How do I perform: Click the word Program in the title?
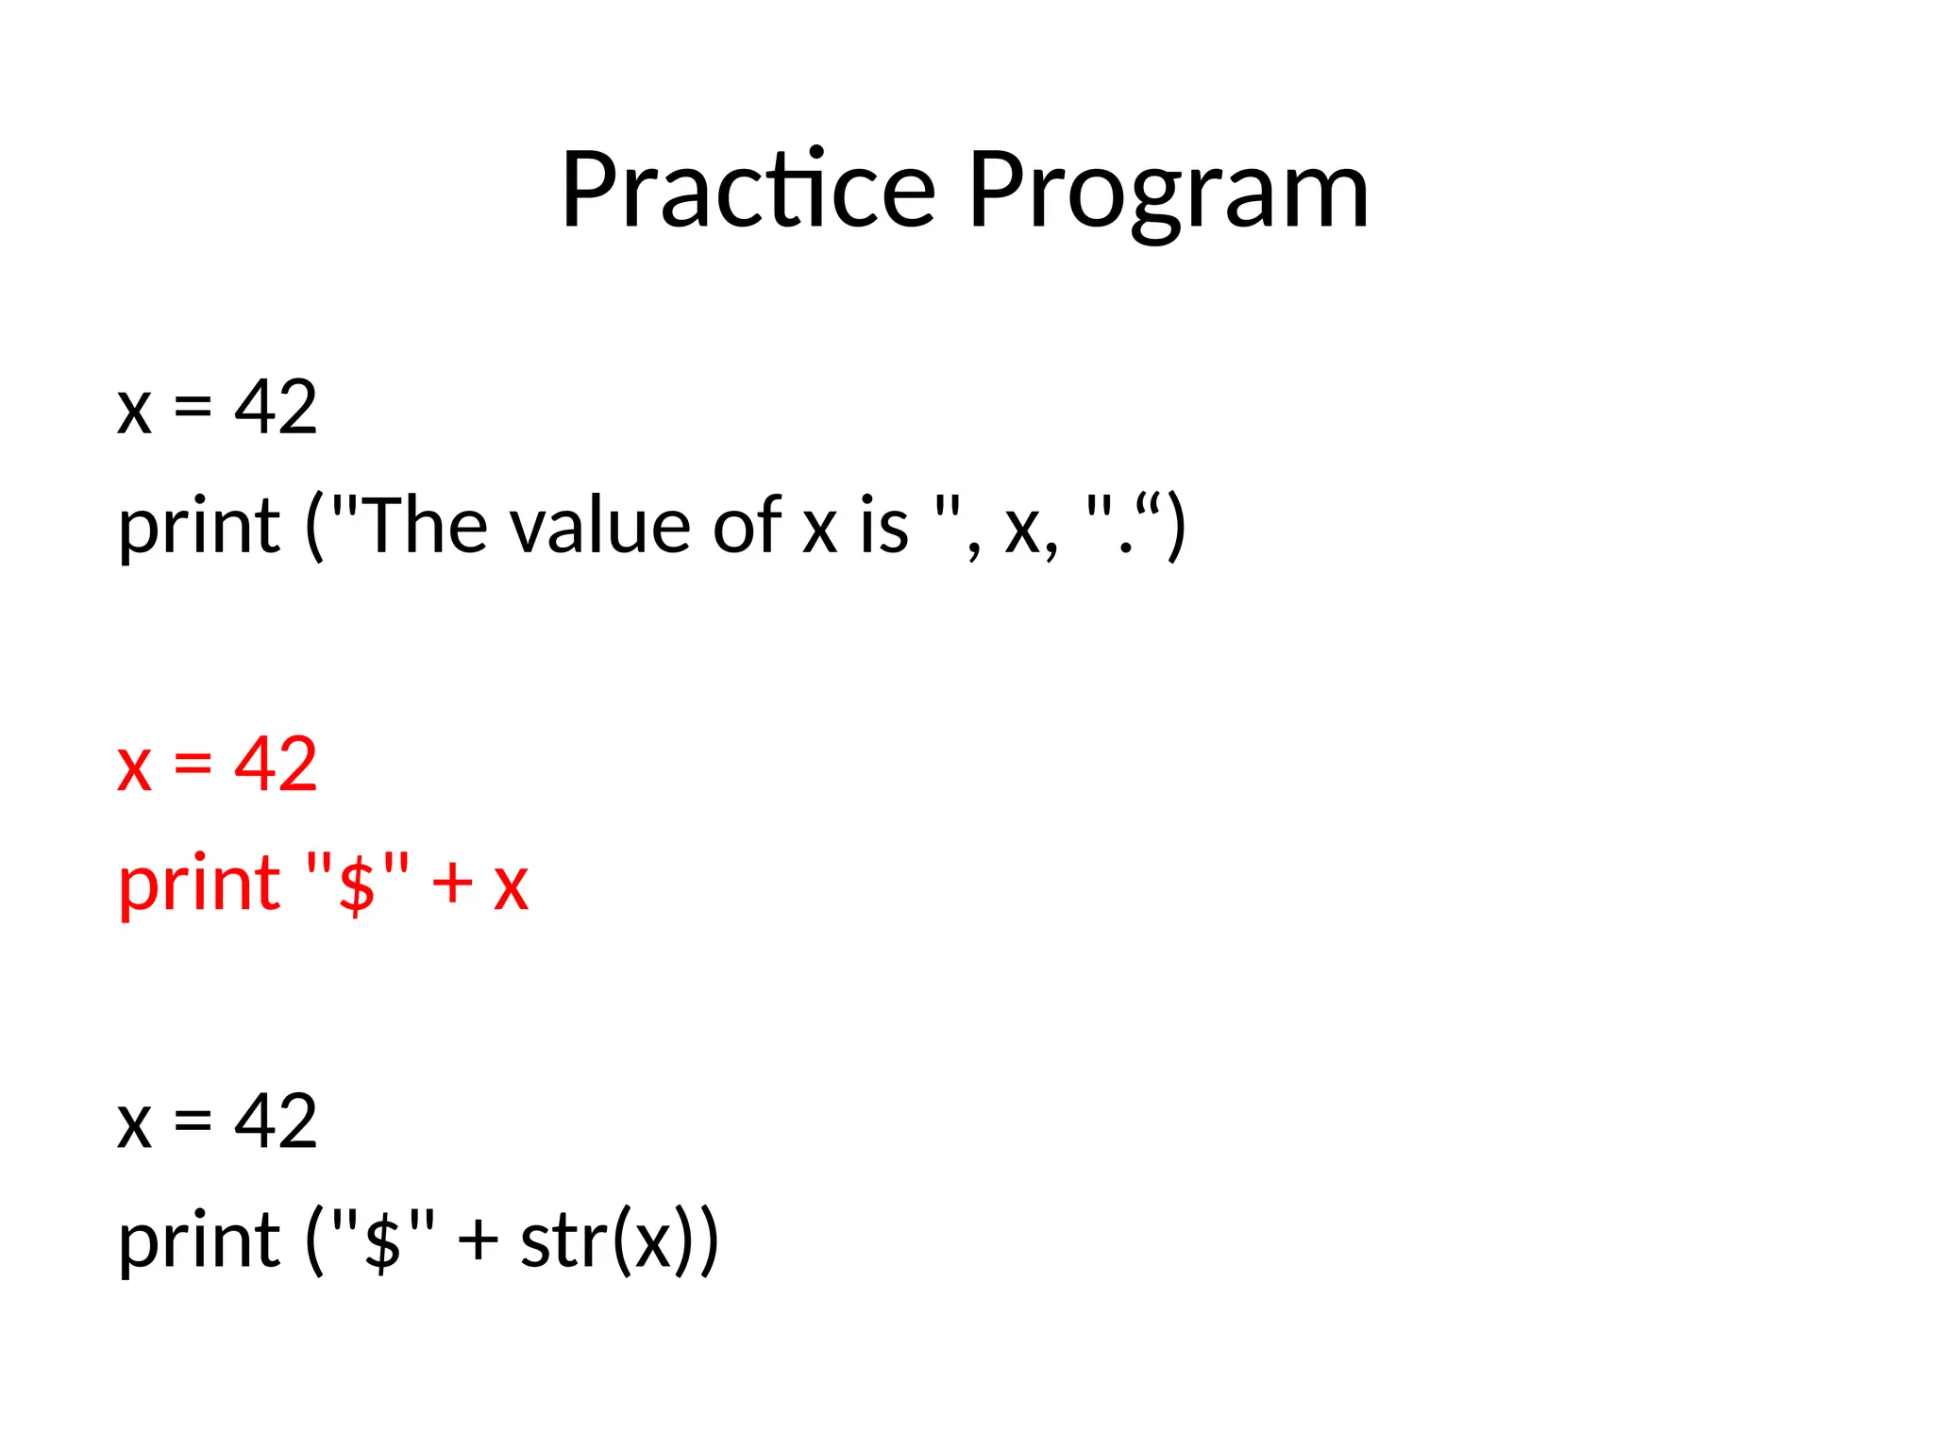1168,194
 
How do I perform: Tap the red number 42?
276,764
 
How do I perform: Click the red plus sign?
452,885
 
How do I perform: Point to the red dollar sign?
358,885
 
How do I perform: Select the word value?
604,526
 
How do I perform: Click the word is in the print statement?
883,526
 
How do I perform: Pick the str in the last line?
564,1240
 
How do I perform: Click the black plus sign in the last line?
478,1240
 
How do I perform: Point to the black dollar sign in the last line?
383,1242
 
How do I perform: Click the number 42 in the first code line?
276,407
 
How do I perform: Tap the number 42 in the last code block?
276,1121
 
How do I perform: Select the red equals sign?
193,764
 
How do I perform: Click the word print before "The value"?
199,528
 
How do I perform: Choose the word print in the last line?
199,1242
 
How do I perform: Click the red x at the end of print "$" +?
511,885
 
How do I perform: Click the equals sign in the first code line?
193,407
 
